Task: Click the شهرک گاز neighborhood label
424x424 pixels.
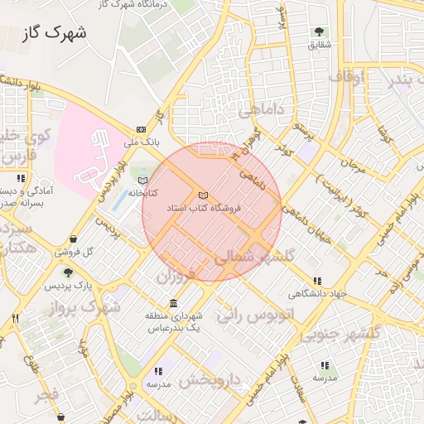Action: coord(55,33)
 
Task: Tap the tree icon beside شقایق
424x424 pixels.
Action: coord(319,31)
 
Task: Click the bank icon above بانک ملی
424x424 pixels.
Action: coord(141,129)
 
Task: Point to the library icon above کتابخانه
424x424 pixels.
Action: coord(142,180)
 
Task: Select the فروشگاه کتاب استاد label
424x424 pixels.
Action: coord(204,208)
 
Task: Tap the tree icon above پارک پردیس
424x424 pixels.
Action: coord(68,272)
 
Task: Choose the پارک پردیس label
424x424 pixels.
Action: coord(69,285)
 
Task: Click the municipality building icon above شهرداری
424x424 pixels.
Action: coord(172,303)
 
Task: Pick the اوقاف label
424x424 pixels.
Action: coord(346,76)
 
